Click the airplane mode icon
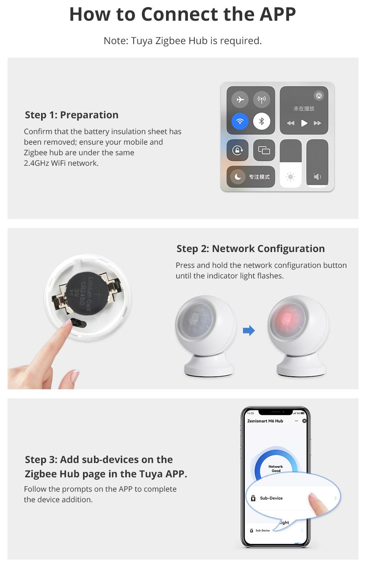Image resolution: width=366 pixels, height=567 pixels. [240, 100]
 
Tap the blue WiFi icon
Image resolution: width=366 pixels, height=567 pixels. [240, 121]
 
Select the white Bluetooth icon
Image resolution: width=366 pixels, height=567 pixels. [261, 121]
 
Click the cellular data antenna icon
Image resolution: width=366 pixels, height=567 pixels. [261, 100]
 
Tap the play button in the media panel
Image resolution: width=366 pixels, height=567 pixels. [304, 123]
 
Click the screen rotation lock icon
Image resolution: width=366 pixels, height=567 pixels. [238, 150]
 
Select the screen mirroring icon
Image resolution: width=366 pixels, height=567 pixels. [264, 150]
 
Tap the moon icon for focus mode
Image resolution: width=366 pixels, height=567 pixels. [238, 177]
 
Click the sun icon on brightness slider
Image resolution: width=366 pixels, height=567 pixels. [291, 177]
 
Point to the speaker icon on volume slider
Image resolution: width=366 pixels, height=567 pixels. [317, 177]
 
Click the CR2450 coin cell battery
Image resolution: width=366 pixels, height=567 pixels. [86, 293]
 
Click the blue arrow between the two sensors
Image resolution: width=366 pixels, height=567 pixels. [249, 331]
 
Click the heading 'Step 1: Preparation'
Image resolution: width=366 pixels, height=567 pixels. [72, 115]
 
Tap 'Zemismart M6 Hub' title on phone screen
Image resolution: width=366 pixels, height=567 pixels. [265, 421]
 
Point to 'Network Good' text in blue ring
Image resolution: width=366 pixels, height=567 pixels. [276, 469]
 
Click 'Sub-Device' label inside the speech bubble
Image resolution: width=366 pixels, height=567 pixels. [271, 498]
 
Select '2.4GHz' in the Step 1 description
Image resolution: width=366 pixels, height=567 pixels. [36, 163]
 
